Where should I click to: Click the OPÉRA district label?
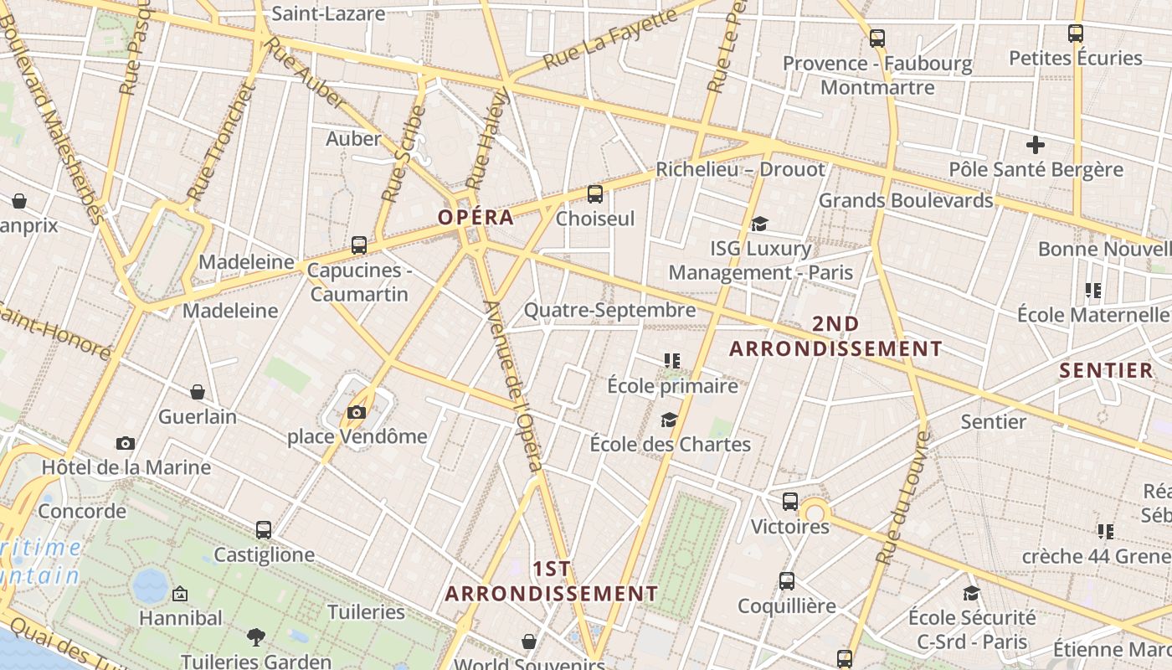click(475, 218)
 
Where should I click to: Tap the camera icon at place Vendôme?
click(357, 412)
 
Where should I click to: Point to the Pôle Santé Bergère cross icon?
click(1036, 145)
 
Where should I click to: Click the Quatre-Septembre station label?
click(609, 311)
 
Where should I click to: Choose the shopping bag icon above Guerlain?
click(198, 392)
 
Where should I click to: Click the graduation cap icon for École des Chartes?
click(669, 420)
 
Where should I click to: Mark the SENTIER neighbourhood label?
click(1106, 370)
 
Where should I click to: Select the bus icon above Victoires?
click(790, 502)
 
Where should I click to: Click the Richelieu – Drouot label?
click(740, 169)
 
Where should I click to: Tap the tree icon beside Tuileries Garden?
click(256, 637)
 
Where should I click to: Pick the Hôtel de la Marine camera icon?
click(126, 443)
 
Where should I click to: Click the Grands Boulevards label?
click(906, 201)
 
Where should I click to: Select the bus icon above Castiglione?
click(264, 530)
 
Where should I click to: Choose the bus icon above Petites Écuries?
click(1076, 33)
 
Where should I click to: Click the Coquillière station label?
click(787, 606)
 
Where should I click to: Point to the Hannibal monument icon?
click(179, 595)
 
